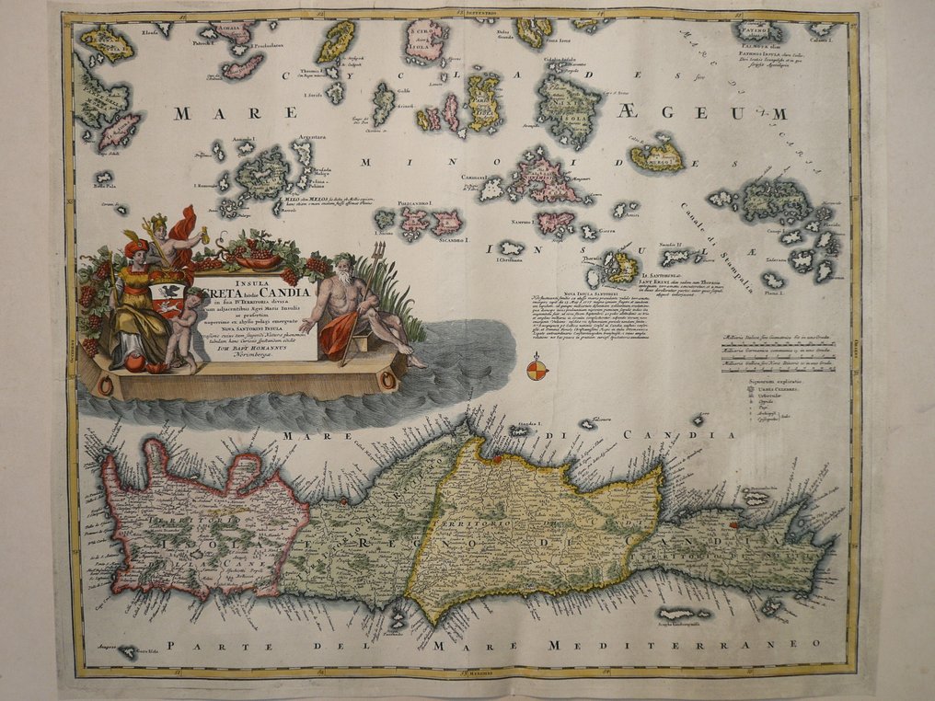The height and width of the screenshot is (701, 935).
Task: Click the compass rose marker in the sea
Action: [537, 371]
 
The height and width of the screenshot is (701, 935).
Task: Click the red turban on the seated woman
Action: [135, 247]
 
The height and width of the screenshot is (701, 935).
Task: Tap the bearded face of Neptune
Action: [343, 270]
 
